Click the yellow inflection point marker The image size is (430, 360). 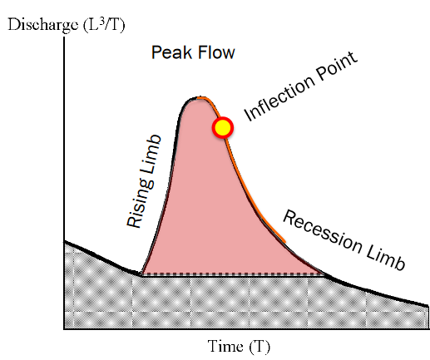(x=223, y=127)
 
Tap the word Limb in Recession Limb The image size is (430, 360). (x=386, y=258)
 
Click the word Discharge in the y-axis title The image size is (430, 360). (x=43, y=25)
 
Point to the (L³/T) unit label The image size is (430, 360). (x=104, y=25)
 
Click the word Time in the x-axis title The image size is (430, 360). (x=225, y=347)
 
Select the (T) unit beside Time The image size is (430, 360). (x=259, y=347)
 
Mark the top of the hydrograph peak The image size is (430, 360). (x=197, y=98)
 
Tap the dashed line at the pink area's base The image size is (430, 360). (x=233, y=274)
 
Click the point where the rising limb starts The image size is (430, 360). (x=141, y=275)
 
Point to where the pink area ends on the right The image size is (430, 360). (x=325, y=274)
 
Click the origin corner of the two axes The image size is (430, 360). (x=64, y=329)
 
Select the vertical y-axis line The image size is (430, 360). (x=64, y=183)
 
